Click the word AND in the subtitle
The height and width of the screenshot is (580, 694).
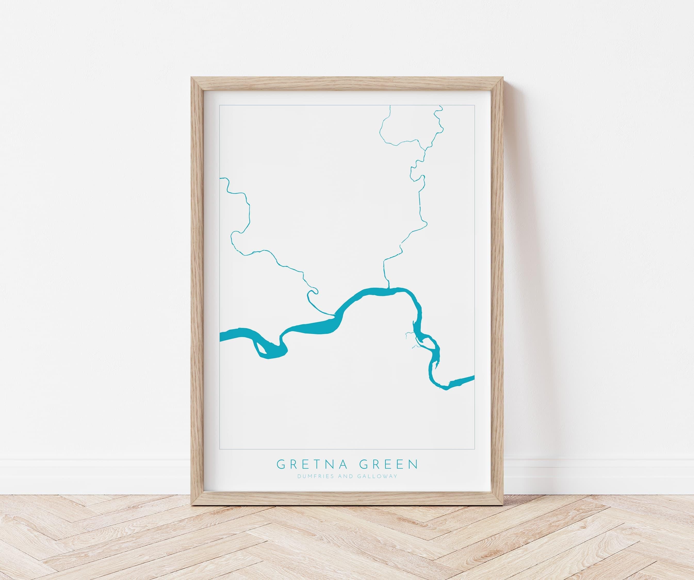point(345,476)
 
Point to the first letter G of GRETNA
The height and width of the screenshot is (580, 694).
point(281,464)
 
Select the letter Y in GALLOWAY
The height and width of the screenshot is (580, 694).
point(396,476)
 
